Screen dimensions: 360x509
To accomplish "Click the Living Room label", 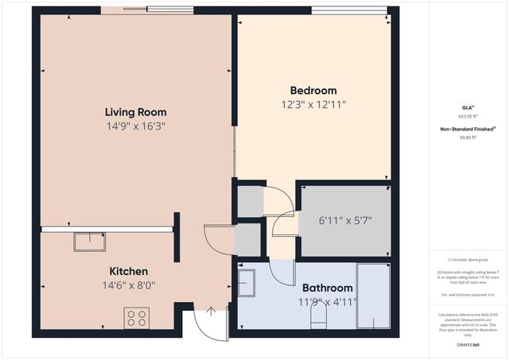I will point(136,112).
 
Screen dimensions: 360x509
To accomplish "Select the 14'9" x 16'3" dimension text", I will point(136,126).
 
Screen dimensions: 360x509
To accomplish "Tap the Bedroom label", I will point(313,91).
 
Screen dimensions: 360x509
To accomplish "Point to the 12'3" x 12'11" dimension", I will point(313,104).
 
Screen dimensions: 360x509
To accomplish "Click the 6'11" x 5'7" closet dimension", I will point(345,220).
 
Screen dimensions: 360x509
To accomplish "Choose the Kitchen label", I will point(128,270).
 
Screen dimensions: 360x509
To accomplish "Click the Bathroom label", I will point(327,288).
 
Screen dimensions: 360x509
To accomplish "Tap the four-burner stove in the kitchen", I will point(136,318).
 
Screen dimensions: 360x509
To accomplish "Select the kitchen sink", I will point(89,241).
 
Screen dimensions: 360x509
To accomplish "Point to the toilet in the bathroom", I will point(318,318).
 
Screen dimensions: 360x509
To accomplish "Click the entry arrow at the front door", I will point(211,312).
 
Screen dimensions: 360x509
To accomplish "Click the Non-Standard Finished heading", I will point(468,129).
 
